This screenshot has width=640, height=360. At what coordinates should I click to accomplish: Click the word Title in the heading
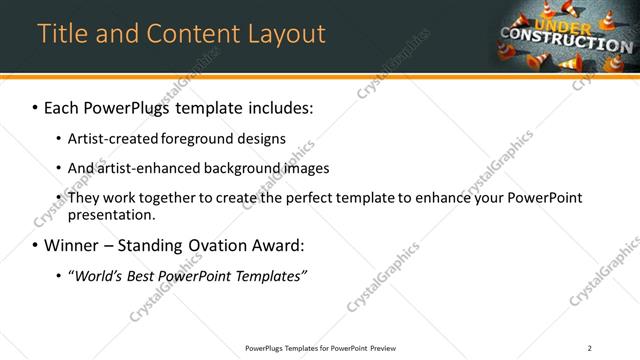pyautogui.click(x=61, y=34)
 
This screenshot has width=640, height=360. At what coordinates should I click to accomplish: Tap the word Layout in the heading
pyautogui.click(x=281, y=34)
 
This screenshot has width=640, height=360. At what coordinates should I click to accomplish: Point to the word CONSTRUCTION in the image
pyautogui.click(x=566, y=41)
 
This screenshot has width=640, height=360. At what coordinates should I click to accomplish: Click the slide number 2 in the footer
pyautogui.click(x=590, y=348)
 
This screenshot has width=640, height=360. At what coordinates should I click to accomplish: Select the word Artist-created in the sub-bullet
pyautogui.click(x=109, y=138)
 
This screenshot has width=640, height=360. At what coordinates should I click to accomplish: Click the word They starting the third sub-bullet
pyautogui.click(x=83, y=198)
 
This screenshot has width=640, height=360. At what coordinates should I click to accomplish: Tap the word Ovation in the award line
pyautogui.click(x=225, y=245)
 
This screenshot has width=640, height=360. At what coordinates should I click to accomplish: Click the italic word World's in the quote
pyautogui.click(x=100, y=276)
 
